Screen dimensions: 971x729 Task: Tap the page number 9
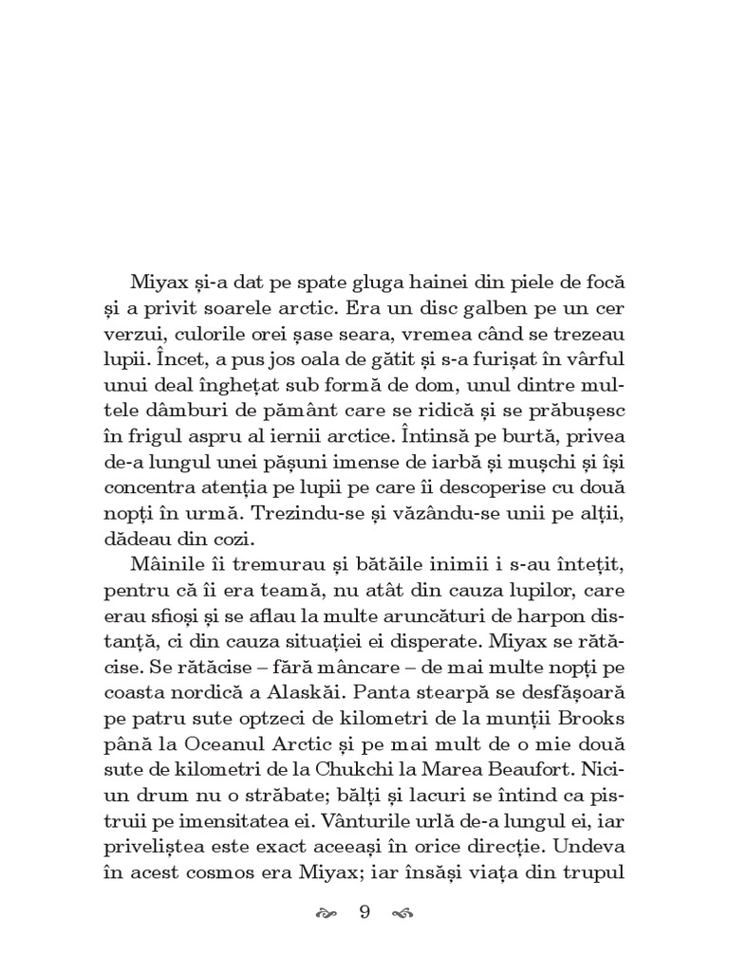coord(364,913)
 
